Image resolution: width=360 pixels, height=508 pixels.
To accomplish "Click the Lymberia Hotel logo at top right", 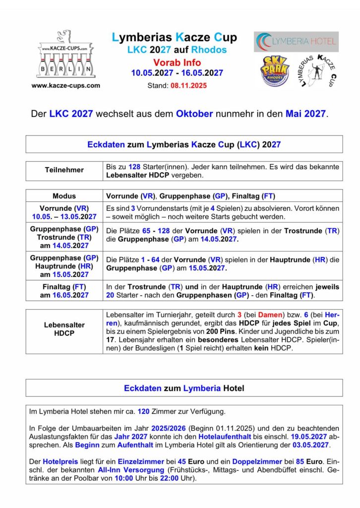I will tap(296, 42).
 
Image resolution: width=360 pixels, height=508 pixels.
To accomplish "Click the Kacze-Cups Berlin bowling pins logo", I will tap(64, 55).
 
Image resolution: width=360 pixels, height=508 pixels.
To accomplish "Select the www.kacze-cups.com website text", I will tap(65, 85).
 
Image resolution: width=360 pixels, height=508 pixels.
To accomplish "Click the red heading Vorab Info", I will tap(177, 63).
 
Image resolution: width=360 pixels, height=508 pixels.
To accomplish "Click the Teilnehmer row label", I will tap(64, 170).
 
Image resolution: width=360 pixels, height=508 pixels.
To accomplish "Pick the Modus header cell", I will tap(64, 196).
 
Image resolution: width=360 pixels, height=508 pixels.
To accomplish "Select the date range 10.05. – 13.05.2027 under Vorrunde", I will tap(64, 217).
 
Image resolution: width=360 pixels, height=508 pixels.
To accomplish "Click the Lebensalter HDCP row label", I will tap(64, 329).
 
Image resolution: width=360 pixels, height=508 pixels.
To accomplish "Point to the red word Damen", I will tap(269, 315).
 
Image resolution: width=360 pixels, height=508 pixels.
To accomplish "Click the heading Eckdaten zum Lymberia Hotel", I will tap(184, 388).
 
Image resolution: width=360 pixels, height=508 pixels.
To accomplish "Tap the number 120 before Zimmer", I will tap(143, 411).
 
